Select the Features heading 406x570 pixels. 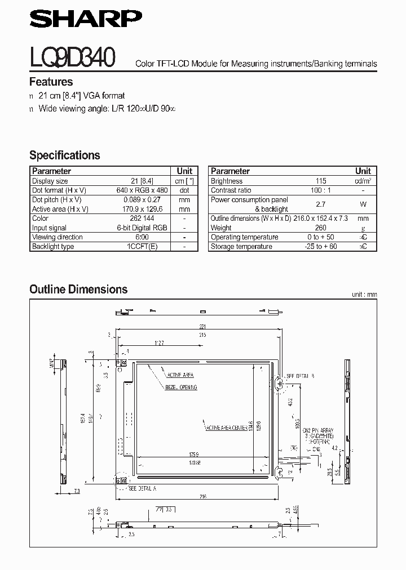(51, 82)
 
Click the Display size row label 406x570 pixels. (50, 181)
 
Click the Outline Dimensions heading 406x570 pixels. (78, 290)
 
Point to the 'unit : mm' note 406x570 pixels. (364, 295)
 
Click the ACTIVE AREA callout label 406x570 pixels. (180, 375)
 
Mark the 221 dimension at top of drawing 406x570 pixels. (202, 326)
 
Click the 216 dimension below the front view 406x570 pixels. (202, 496)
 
